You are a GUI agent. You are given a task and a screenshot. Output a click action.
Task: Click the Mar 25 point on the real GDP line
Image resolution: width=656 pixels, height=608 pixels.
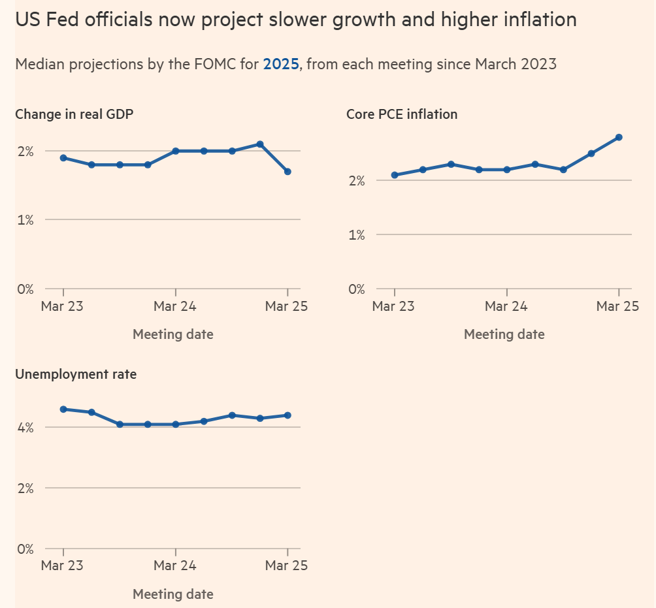[287, 172]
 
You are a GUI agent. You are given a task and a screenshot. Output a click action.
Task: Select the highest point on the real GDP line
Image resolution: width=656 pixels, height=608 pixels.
[260, 144]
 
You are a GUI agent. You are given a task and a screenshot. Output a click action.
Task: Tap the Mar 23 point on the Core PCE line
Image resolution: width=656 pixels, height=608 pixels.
[395, 175]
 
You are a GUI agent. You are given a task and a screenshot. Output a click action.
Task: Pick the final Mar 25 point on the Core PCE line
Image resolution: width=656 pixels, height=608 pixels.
[619, 137]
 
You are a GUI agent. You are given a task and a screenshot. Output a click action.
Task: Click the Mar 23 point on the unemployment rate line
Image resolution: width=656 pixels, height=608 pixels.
[63, 409]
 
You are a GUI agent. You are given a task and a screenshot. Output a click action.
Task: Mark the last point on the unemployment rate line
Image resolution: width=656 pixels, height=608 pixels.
[287, 415]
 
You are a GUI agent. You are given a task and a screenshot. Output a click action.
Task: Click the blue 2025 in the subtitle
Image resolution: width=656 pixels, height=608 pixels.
[281, 64]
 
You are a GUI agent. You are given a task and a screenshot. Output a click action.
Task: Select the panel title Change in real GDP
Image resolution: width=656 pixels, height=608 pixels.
[74, 114]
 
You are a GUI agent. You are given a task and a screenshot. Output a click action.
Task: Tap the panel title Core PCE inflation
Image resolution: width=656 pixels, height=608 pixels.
[402, 114]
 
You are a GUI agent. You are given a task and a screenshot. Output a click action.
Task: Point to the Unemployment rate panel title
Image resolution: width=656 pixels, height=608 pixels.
[76, 374]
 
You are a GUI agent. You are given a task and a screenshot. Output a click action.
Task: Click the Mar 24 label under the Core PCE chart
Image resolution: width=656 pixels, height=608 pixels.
[506, 306]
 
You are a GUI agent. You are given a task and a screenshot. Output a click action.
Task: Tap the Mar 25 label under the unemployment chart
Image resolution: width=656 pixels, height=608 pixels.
[287, 566]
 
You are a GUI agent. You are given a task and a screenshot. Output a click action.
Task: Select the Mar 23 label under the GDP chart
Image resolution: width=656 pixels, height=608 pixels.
[62, 306]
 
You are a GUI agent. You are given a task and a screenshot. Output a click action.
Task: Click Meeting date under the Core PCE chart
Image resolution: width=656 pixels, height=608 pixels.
[504, 334]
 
